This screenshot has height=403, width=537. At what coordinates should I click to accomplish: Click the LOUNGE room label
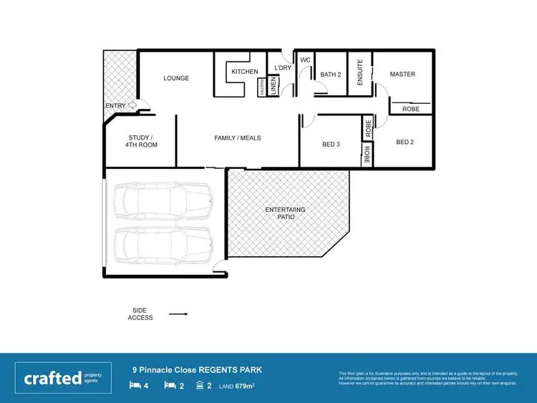click(x=176, y=78)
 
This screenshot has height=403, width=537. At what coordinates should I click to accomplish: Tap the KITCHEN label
click(x=244, y=72)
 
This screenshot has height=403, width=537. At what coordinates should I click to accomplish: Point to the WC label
click(x=304, y=60)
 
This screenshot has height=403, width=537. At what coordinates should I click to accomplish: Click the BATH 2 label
click(x=330, y=74)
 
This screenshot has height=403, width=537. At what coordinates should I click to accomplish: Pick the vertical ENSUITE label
click(x=360, y=72)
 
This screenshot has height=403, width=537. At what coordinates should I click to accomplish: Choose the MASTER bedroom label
click(x=402, y=74)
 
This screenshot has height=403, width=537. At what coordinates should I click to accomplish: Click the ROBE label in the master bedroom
click(x=410, y=109)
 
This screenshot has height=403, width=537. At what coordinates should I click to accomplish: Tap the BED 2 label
click(x=405, y=142)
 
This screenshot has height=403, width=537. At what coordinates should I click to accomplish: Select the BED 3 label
click(x=330, y=145)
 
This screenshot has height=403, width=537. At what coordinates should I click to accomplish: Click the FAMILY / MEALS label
click(x=238, y=137)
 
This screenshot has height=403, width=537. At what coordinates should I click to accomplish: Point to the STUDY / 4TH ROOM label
click(x=141, y=141)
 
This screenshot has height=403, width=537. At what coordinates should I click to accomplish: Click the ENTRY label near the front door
click(x=115, y=106)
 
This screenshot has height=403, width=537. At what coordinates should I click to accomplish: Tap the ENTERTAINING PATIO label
click(x=286, y=213)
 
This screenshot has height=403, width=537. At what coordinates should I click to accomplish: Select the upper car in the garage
click(x=163, y=200)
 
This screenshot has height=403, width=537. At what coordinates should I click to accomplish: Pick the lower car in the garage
click(x=163, y=245)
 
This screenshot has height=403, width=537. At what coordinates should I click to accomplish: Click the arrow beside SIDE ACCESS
click(x=178, y=314)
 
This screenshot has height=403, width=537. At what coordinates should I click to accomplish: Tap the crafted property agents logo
click(x=62, y=377)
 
